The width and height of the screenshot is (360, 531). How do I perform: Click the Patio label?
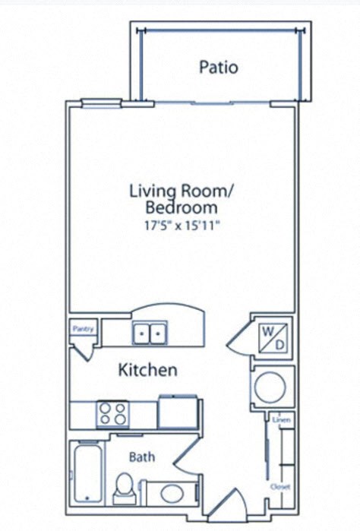pyautogui.click(x=219, y=67)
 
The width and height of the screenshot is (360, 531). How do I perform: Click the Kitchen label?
pyautogui.click(x=148, y=370)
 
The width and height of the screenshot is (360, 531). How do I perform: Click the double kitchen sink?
pyautogui.click(x=150, y=333)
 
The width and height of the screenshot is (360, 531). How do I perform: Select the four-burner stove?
pyautogui.click(x=113, y=414)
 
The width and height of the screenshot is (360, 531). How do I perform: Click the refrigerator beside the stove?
pyautogui.click(x=178, y=411)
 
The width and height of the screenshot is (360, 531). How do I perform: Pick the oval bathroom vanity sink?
pyautogui.click(x=172, y=492)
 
